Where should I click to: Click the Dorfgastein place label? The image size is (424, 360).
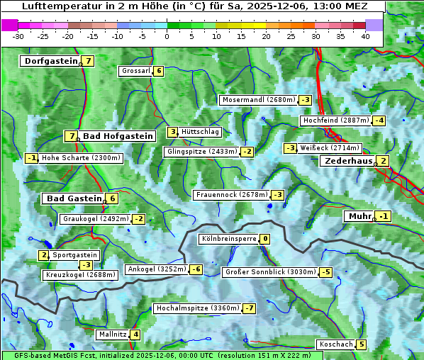point(50,61)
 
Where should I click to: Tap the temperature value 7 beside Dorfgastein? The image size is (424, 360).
point(89,61)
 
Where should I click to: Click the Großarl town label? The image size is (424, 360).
point(135,71)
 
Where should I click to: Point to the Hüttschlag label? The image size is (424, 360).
point(201,132)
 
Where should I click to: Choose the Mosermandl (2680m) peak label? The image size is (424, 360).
point(258,100)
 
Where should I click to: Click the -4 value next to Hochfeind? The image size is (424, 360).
point(379,120)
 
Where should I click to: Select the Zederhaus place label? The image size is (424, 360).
point(347,162)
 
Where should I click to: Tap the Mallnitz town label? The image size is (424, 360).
point(112,334)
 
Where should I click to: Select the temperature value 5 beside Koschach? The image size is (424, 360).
point(362,345)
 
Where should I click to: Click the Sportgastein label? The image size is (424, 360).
point(75,255)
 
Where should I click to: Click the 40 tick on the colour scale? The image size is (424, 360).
point(365,36)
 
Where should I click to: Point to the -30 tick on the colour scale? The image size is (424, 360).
point(18,36)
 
